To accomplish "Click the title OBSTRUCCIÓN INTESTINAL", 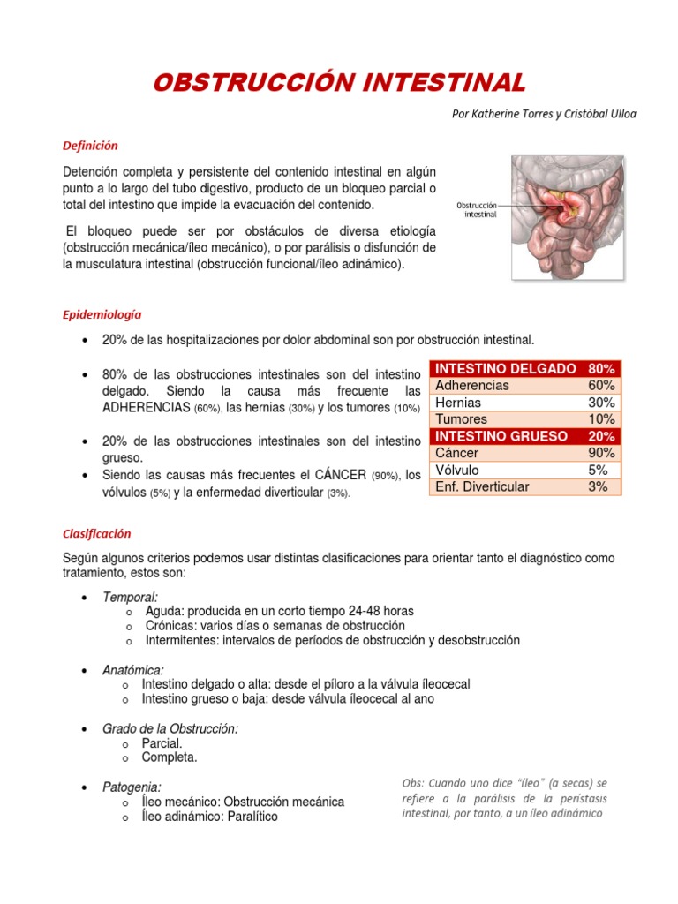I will click(339, 83).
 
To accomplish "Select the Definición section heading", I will click(90, 146).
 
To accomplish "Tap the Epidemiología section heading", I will click(102, 314).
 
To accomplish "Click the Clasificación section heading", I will click(97, 533).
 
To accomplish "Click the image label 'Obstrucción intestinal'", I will click(477, 208).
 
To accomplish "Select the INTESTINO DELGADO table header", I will click(506, 369).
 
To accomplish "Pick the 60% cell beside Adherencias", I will click(601, 386).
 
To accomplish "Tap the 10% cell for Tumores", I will click(601, 419).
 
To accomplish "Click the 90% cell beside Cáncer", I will click(601, 453).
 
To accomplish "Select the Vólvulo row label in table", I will click(458, 470).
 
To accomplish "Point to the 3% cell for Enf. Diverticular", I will click(598, 486).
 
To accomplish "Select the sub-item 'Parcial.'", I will click(162, 743).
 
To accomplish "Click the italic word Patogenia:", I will click(132, 787).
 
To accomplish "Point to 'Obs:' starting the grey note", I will click(412, 783).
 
